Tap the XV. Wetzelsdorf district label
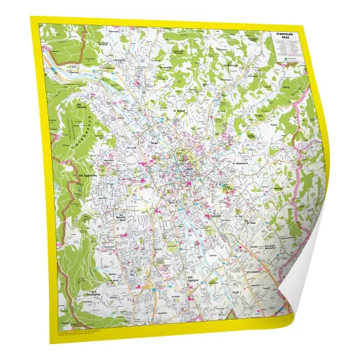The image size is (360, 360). pos(122,217)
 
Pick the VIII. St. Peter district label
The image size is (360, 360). pos(251,220)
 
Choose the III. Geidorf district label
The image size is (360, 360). pos(181,112)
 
